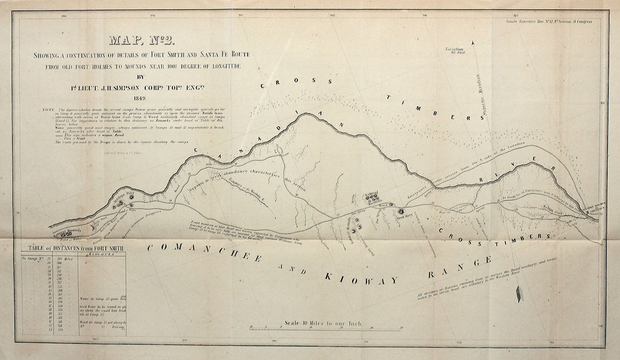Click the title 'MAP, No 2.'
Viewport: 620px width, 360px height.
click(x=142, y=41)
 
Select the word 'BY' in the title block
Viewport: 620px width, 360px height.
click(x=143, y=77)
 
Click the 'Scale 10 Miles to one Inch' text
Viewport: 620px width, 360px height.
click(x=323, y=323)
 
